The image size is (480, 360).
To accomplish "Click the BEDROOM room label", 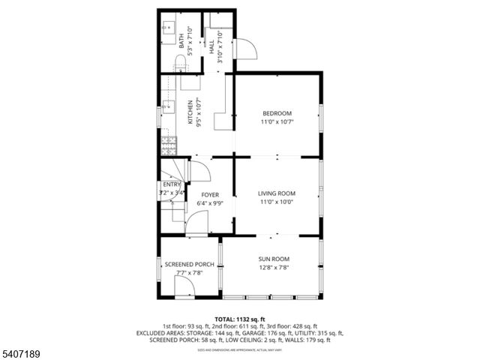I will (x=276, y=113).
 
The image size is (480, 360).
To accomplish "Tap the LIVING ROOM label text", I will (x=276, y=193).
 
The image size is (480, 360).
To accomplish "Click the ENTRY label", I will (x=172, y=184).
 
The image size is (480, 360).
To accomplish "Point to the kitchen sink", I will (x=166, y=106).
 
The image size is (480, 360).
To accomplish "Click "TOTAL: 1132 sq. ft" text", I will (x=240, y=319).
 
